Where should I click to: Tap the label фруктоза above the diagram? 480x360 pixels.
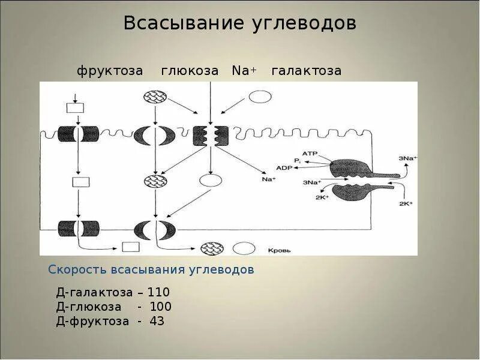[110, 71]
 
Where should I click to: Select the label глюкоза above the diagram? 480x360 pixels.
[190, 71]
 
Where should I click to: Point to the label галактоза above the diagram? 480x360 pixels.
[306, 71]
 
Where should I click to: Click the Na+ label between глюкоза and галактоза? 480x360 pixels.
[244, 71]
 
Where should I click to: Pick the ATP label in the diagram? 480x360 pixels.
[310, 154]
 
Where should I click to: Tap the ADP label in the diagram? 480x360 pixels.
[284, 168]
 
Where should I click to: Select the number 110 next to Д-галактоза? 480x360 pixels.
[159, 292]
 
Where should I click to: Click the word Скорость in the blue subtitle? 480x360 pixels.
[77, 269]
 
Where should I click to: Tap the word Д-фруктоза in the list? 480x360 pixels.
[92, 321]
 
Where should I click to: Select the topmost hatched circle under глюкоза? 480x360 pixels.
[155, 97]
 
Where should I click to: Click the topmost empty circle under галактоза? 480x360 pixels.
[260, 97]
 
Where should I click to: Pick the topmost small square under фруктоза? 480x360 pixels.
[75, 108]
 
